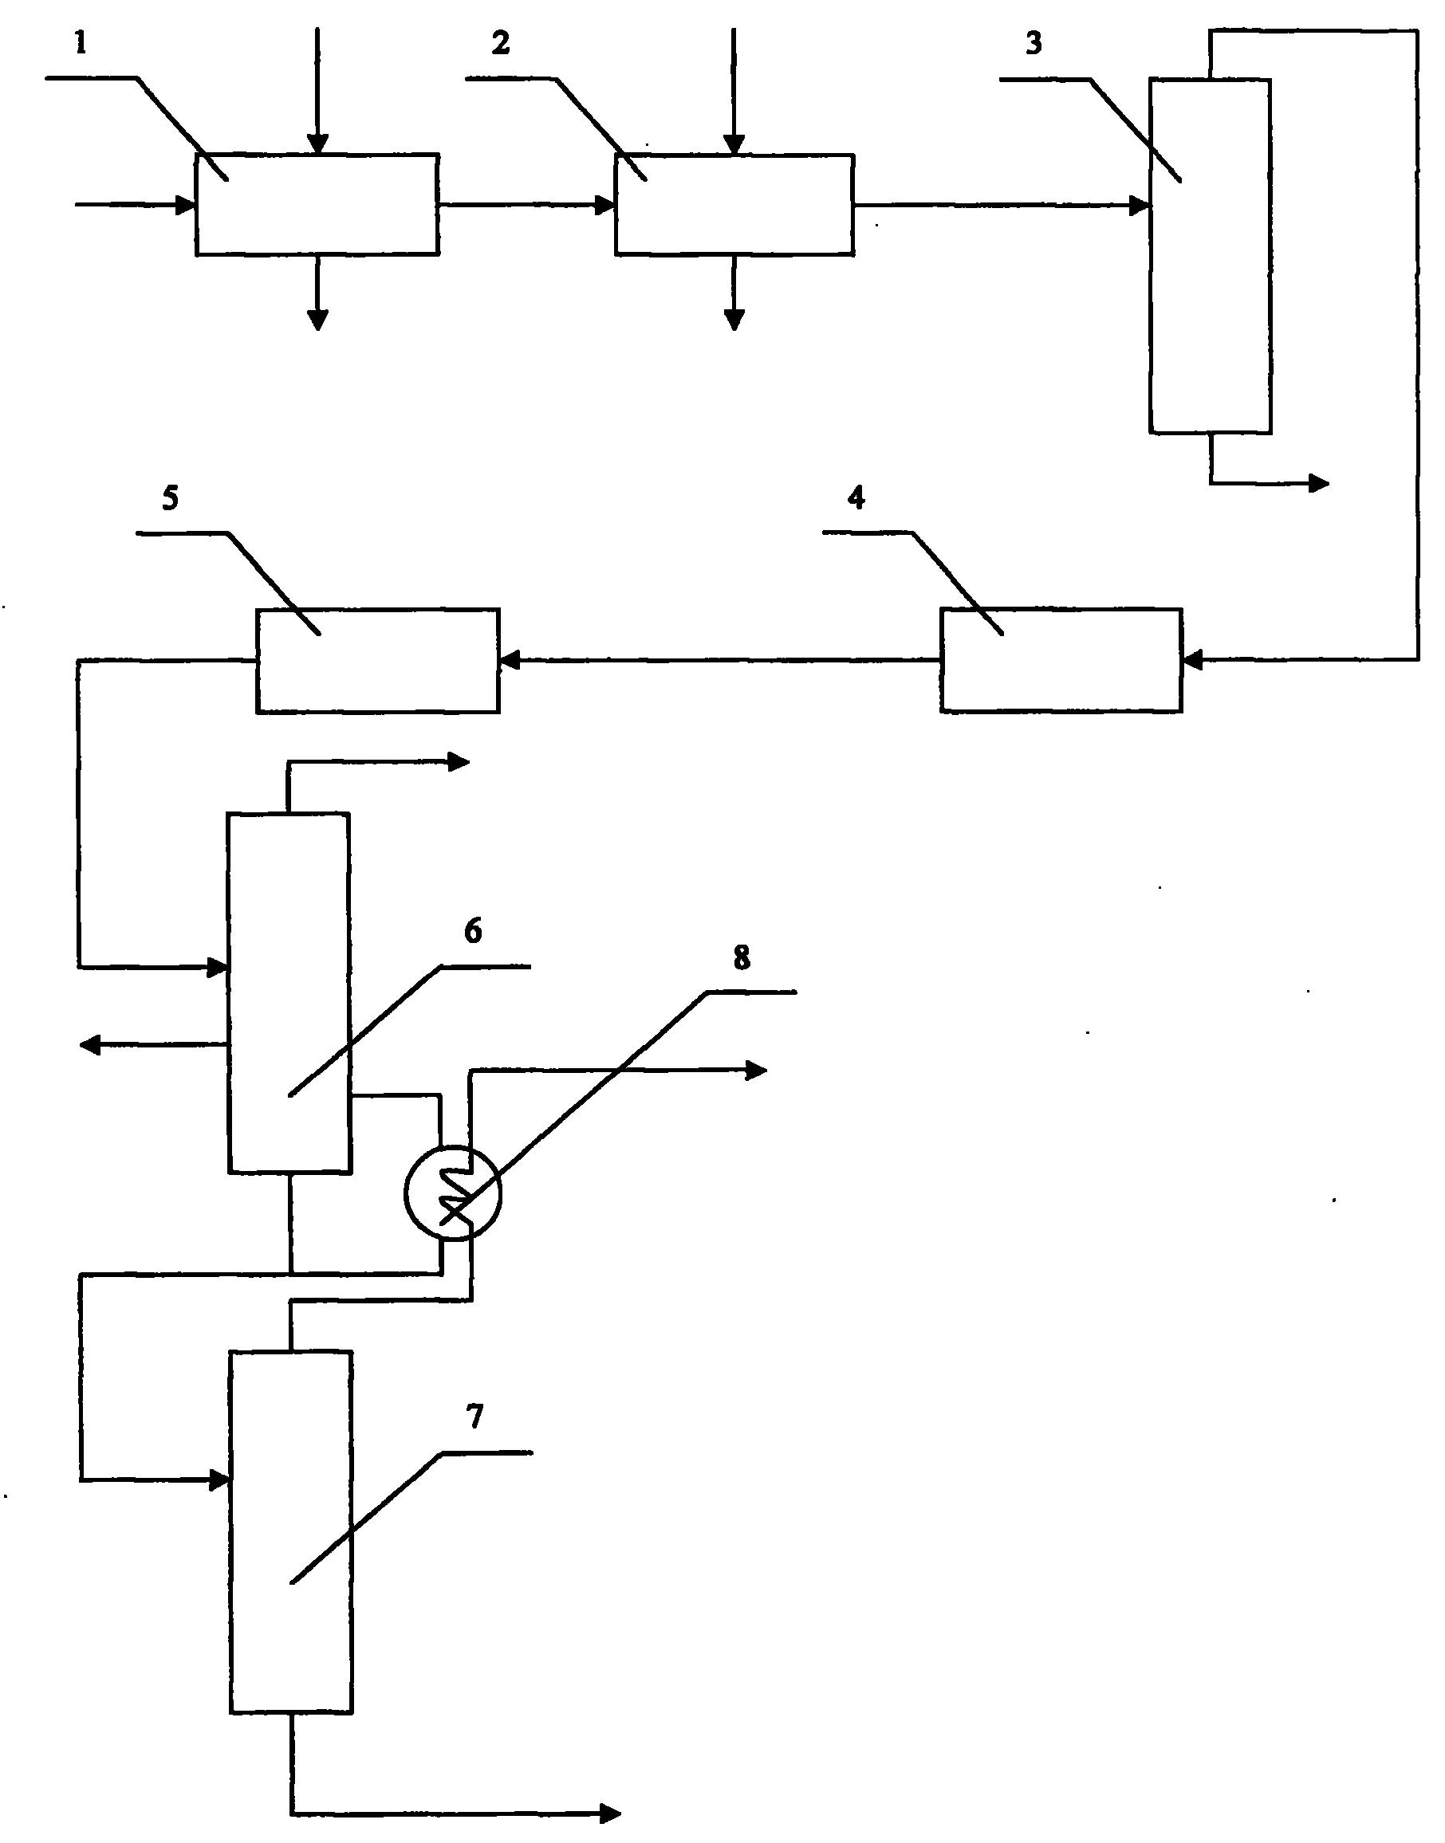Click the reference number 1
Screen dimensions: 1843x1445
[x=81, y=45]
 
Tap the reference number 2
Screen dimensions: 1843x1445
[x=501, y=44]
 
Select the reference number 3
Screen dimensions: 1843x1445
[x=1034, y=44]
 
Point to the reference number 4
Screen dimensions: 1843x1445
[x=856, y=498]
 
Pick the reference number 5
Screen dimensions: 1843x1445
[x=171, y=499]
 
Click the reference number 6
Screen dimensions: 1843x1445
[x=474, y=931]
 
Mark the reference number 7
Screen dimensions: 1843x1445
[x=474, y=1417]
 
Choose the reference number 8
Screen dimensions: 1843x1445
[x=741, y=959]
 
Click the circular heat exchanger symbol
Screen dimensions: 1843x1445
[x=453, y=1193]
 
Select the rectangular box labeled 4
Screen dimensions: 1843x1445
[x=1061, y=661]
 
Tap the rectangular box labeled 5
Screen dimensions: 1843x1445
[x=378, y=661]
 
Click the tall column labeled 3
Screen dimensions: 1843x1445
[x=1210, y=256]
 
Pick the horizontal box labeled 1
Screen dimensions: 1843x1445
[x=317, y=204]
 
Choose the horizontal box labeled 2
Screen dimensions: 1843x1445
[x=734, y=204]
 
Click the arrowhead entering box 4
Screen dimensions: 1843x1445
[x=1192, y=660]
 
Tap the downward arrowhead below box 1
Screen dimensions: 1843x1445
[x=317, y=320]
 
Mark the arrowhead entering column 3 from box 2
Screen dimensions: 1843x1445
[x=1140, y=205]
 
